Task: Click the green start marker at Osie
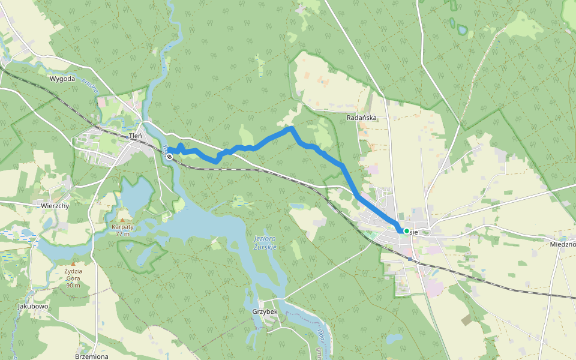tap(406, 231)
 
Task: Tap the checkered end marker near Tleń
tap(170, 157)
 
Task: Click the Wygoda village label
tap(62, 79)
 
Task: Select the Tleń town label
tap(136, 136)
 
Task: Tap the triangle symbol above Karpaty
tap(122, 220)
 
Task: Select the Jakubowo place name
tap(33, 307)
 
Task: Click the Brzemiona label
tap(91, 356)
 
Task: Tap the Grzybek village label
tap(264, 312)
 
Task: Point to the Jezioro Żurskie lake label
tap(259, 243)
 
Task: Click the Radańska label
tap(362, 118)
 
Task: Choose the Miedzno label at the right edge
tap(562, 244)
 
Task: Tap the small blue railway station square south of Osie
tap(410, 259)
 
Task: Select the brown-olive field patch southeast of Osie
tap(467, 320)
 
